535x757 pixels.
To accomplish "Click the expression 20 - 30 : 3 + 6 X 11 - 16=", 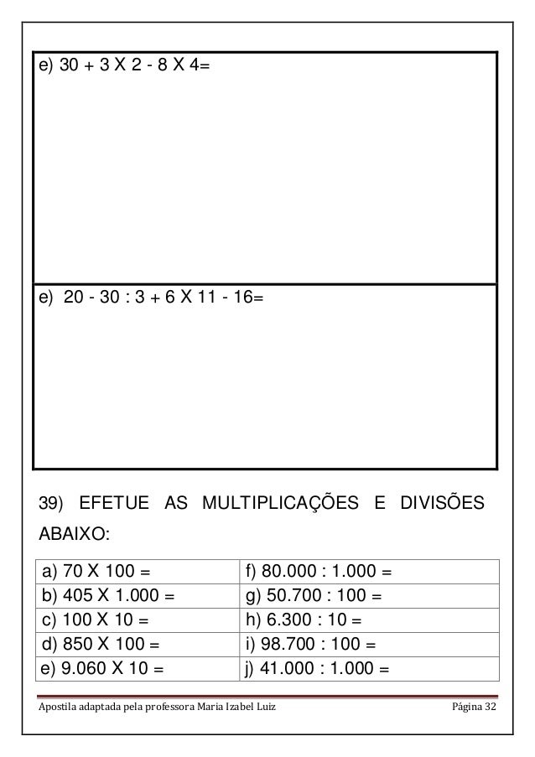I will tap(150, 298).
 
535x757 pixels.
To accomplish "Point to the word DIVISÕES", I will tap(441, 504).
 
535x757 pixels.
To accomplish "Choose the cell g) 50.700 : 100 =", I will tap(314, 597).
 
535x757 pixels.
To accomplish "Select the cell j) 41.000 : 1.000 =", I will tap(319, 669).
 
